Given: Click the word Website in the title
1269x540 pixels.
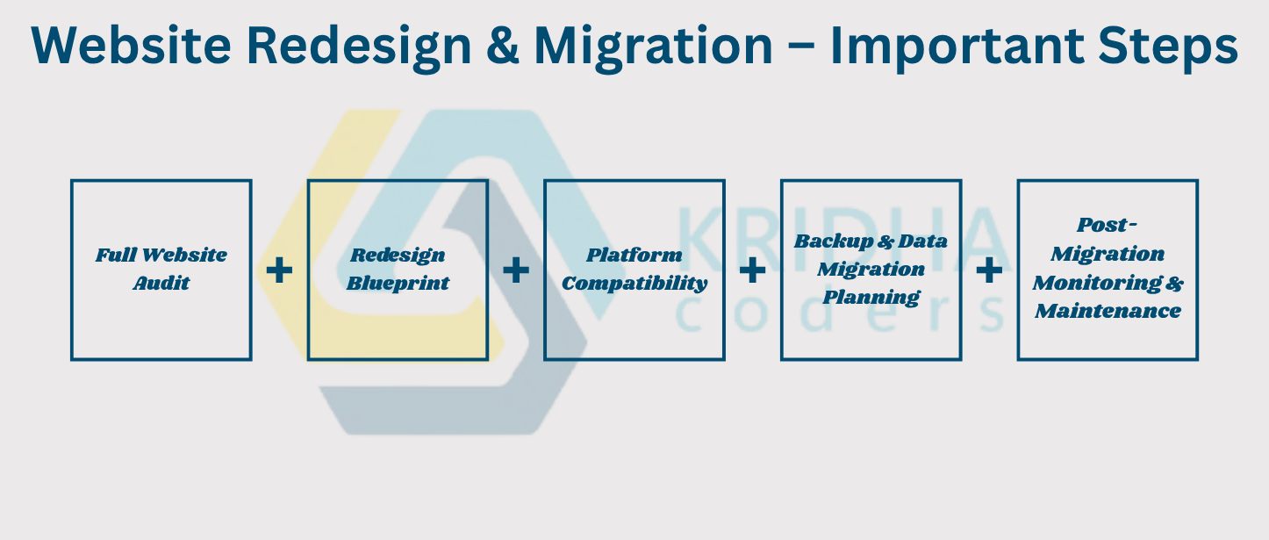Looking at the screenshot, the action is click(x=131, y=46).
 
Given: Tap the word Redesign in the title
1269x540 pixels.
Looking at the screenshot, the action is click(x=359, y=48).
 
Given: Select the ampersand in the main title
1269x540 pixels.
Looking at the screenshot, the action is click(x=503, y=46).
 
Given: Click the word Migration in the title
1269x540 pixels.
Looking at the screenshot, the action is click(x=653, y=48).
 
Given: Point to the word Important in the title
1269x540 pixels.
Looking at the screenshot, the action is click(x=957, y=48).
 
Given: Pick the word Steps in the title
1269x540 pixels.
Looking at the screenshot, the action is click(x=1168, y=48).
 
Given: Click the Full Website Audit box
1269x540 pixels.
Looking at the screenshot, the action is click(x=161, y=270).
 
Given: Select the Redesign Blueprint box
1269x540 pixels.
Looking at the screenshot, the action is click(x=398, y=270).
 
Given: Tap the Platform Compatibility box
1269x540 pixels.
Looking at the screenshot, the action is click(x=634, y=270).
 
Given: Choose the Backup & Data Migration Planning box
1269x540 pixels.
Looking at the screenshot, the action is click(x=871, y=270).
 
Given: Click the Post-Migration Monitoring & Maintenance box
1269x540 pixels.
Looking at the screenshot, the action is click(x=1108, y=270).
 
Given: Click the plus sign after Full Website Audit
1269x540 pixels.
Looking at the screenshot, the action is click(x=279, y=270).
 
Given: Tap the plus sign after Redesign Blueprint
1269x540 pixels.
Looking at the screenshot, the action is click(x=516, y=270).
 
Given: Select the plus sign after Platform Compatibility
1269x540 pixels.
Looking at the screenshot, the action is click(x=753, y=270).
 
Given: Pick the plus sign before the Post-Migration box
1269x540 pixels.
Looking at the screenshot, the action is click(x=990, y=270).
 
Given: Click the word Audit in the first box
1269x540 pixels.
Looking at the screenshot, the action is click(x=161, y=283).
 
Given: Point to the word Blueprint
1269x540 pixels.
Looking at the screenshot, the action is click(x=398, y=284).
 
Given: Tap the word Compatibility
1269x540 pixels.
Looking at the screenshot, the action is click(x=634, y=284).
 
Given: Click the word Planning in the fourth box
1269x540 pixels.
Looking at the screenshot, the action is click(x=871, y=298).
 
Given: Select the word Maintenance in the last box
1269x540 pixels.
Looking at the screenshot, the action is click(x=1108, y=311).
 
